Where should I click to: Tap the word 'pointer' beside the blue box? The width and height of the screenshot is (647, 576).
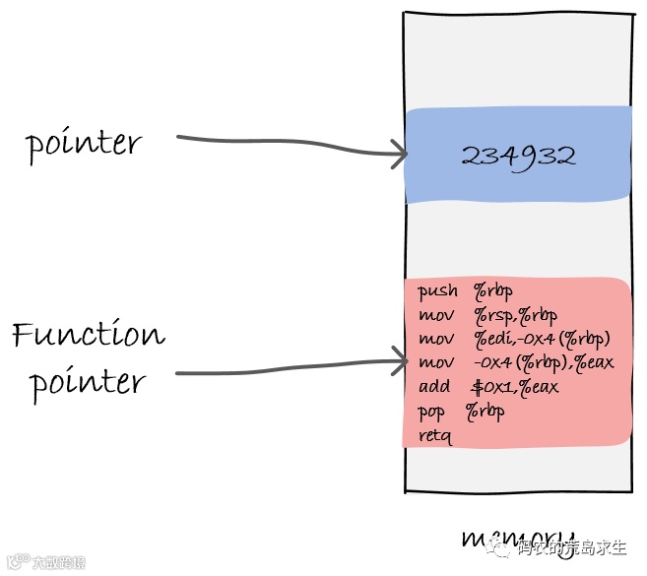pos(84,145)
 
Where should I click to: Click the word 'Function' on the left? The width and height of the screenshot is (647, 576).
pos(89,335)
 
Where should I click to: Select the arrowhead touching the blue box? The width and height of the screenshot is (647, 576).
pos(398,153)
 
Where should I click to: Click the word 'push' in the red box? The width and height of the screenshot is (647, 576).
pos(437,290)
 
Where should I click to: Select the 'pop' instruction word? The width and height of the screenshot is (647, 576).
pos(432,413)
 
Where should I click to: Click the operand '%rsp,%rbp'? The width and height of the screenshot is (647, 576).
pos(515,315)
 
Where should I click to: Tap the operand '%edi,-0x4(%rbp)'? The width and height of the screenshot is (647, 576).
pos(542,339)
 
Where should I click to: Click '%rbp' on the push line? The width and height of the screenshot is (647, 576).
pos(493,290)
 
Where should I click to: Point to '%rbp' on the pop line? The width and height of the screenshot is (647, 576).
pos(485,412)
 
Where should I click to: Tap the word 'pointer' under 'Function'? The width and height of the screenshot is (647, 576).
pos(89,382)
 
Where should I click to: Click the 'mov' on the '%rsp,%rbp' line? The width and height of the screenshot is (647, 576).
pos(435,315)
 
